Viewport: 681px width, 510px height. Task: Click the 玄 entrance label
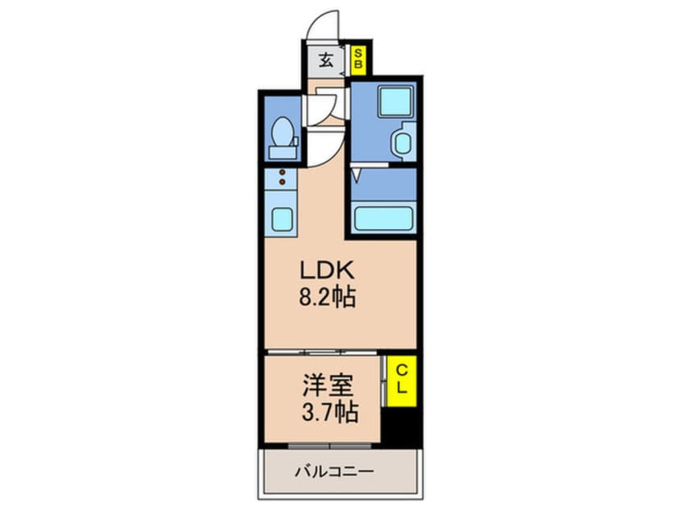(325, 60)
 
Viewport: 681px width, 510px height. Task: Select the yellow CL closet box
(400, 378)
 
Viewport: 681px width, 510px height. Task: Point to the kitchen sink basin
(282, 217)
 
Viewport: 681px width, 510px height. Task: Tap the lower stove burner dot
(282, 183)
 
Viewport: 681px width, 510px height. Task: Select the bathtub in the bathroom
(383, 218)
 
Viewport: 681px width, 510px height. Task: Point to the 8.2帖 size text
(326, 298)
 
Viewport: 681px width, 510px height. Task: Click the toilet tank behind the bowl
(283, 151)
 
